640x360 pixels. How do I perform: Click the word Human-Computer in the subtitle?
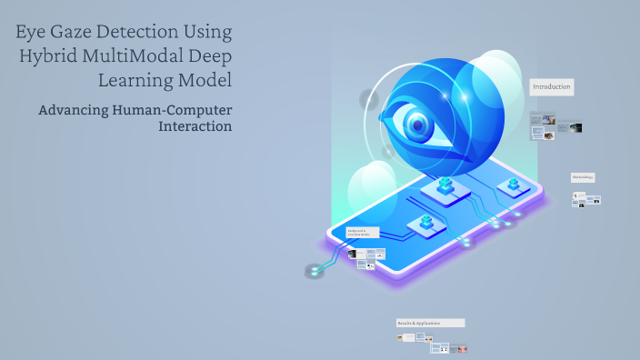179,110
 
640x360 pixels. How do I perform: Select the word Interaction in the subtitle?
195,126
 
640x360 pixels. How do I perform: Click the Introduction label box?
552,87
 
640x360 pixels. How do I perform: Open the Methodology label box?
583,176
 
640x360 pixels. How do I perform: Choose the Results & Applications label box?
430,323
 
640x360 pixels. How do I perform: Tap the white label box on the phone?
363,233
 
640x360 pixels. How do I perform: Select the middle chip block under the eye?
445,186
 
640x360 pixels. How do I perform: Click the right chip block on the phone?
514,185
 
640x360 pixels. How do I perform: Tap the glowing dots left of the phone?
315,270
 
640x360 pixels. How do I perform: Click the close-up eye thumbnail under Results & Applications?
463,348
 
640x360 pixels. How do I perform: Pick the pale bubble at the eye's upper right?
498,77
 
